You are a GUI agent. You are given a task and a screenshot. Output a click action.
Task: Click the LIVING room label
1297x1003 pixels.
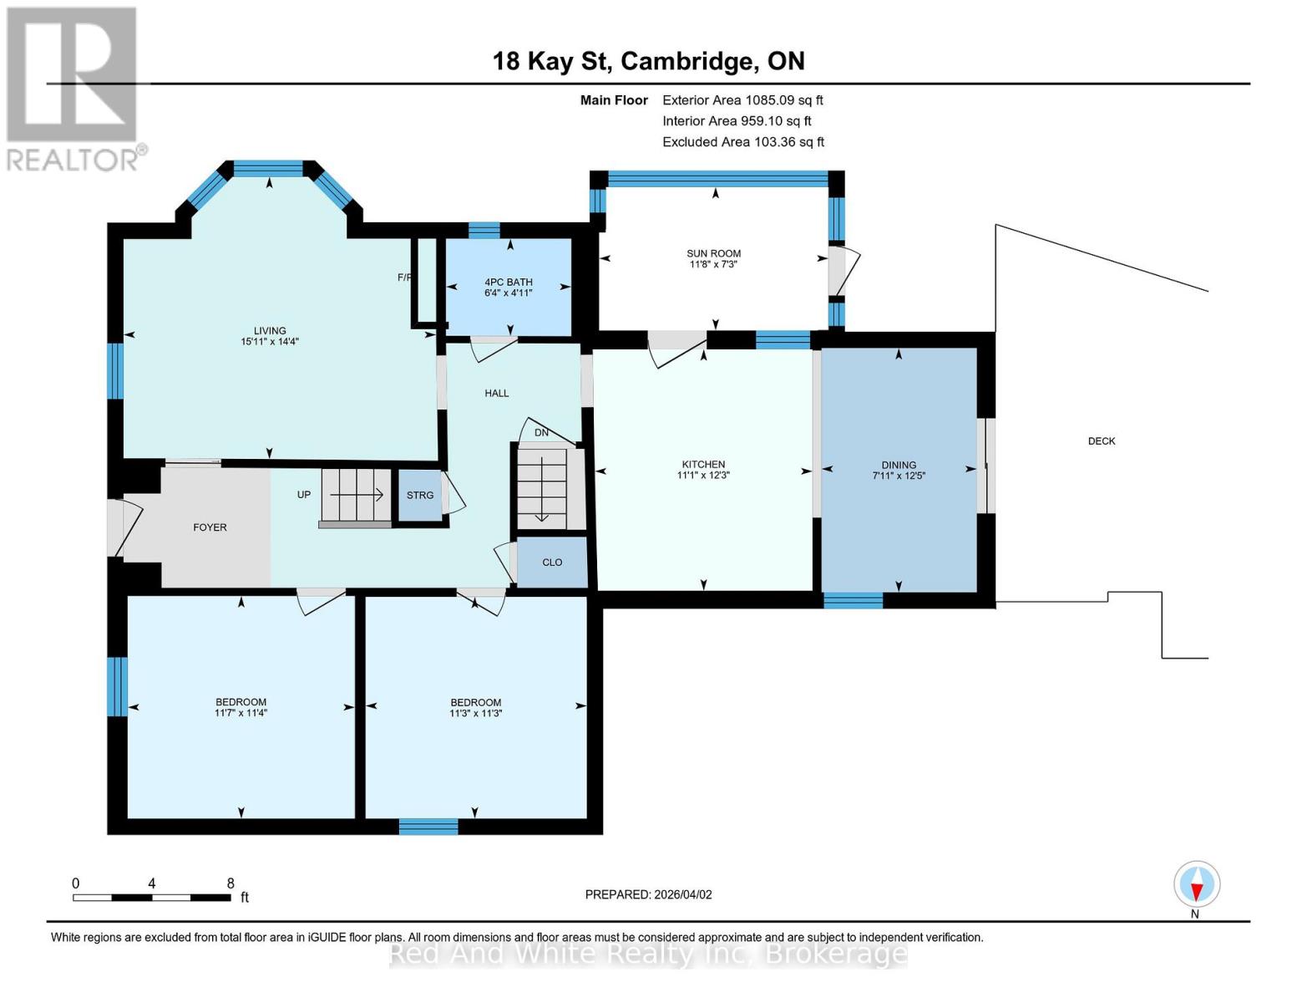click(270, 331)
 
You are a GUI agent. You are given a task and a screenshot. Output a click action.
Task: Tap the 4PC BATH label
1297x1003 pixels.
click(508, 283)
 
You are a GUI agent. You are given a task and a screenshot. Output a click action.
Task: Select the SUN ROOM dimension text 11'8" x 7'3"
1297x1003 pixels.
click(713, 265)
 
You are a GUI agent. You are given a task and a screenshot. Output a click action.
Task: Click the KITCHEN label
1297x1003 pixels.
click(703, 465)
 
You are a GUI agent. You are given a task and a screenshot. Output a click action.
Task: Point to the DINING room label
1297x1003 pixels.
click(899, 466)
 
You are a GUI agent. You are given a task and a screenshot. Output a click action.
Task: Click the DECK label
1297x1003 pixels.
click(1101, 441)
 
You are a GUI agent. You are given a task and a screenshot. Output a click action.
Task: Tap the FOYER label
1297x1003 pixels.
click(210, 527)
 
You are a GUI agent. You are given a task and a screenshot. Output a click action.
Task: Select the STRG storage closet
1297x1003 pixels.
click(419, 496)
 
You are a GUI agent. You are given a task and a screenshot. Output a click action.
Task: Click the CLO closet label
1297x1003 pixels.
click(552, 563)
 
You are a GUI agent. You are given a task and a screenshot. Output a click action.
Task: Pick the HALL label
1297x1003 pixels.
click(496, 393)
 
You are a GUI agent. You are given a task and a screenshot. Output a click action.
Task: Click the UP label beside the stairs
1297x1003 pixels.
click(304, 495)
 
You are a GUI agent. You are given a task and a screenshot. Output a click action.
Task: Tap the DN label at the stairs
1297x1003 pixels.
click(541, 433)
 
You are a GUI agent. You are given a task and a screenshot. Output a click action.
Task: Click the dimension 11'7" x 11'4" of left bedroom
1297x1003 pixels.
click(241, 714)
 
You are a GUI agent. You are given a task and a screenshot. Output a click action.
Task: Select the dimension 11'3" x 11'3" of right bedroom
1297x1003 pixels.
click(475, 714)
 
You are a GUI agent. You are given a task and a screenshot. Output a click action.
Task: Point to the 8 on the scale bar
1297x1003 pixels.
click(231, 883)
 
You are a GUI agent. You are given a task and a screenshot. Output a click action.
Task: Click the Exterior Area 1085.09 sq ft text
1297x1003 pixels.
click(742, 100)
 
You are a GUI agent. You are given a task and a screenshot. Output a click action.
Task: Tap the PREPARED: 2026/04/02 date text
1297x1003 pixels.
click(648, 894)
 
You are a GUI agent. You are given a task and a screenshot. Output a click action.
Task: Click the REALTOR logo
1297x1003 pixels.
click(73, 88)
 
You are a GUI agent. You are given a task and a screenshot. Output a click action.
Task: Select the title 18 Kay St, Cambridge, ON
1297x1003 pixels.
click(648, 61)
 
